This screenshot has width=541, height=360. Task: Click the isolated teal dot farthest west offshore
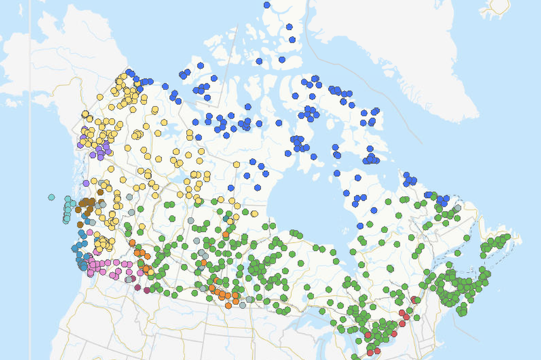(51, 197)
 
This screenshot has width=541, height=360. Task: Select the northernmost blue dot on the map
(267, 5)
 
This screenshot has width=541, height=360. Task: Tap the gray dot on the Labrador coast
(458, 209)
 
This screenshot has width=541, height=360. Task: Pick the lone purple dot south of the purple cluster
(86, 183)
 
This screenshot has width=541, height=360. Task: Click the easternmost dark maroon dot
(147, 290)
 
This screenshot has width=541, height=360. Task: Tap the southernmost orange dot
(228, 305)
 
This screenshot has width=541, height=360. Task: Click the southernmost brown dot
(80, 224)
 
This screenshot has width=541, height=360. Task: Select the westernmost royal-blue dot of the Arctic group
(130, 73)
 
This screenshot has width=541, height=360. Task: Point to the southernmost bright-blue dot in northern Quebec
(360, 225)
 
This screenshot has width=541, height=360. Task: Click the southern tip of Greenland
(451, 120)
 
